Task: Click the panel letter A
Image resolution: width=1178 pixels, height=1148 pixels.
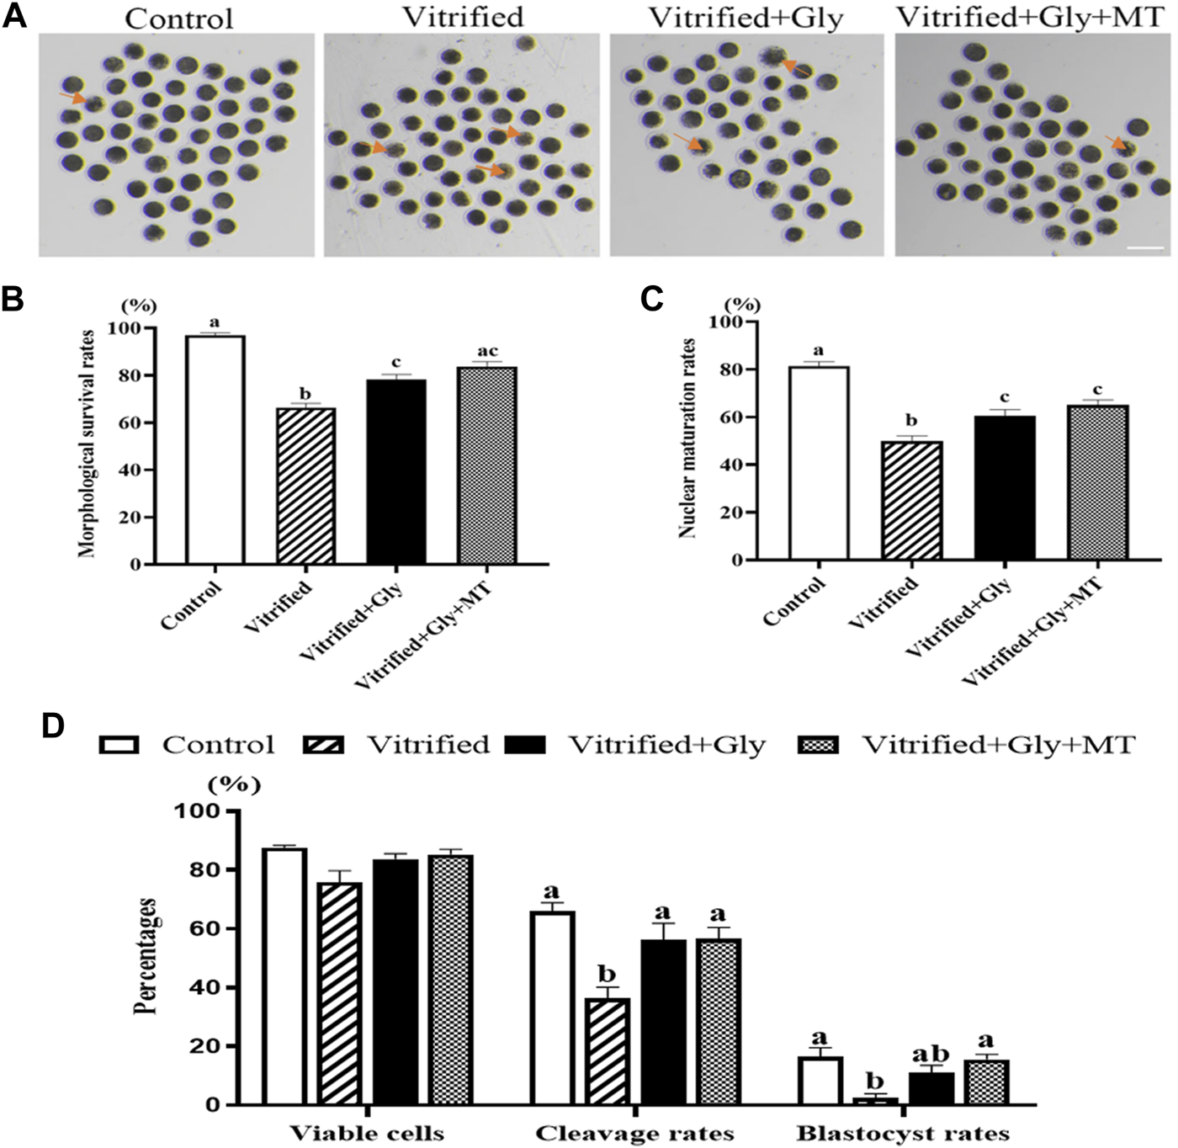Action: point(14,17)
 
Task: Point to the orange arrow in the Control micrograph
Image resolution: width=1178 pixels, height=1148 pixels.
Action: point(72,98)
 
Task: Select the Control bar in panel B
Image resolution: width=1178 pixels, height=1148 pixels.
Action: point(215,449)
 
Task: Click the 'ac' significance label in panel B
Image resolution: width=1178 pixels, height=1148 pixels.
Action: point(487,351)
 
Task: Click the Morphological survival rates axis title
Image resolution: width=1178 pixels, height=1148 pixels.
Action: point(88,444)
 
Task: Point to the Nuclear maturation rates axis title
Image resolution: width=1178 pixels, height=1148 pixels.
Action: point(688,438)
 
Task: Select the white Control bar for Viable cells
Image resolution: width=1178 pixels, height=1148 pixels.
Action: point(284,976)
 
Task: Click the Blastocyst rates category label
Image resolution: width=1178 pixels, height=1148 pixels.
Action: point(903,1133)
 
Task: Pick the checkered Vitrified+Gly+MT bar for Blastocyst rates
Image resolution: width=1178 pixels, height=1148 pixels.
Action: point(979,1082)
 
